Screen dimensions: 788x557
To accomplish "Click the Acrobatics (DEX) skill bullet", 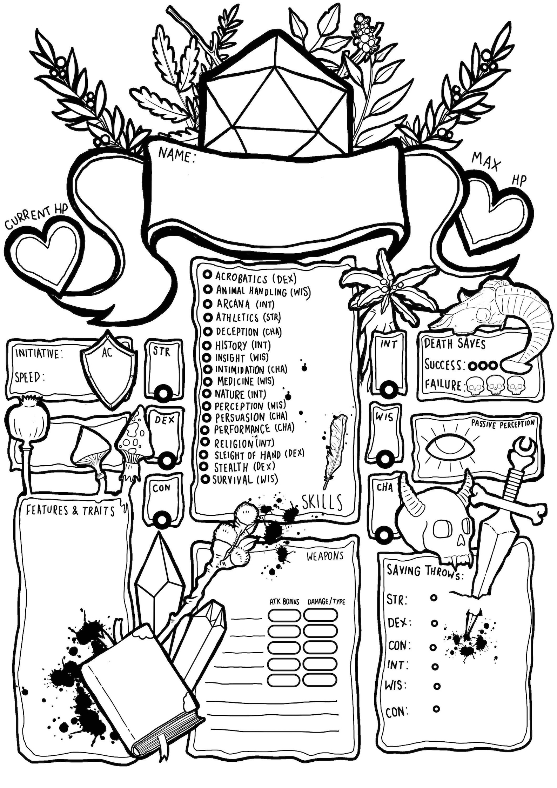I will (x=207, y=275).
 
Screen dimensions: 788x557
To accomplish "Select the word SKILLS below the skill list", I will (x=322, y=502).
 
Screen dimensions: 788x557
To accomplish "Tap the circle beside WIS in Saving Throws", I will (x=437, y=686).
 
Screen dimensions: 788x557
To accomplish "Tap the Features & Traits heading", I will (x=71, y=511).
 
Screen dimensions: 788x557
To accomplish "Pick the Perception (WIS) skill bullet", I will (x=207, y=406).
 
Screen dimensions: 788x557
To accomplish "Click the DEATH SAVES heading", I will (x=454, y=344).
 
